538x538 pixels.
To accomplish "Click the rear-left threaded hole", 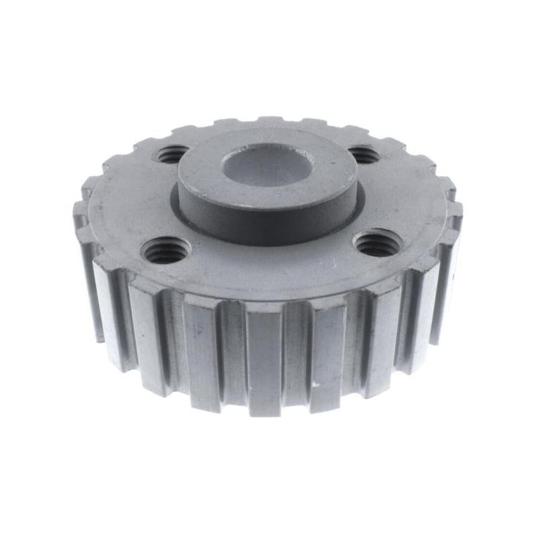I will (172, 155).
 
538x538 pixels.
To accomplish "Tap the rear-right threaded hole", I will (361, 155).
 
